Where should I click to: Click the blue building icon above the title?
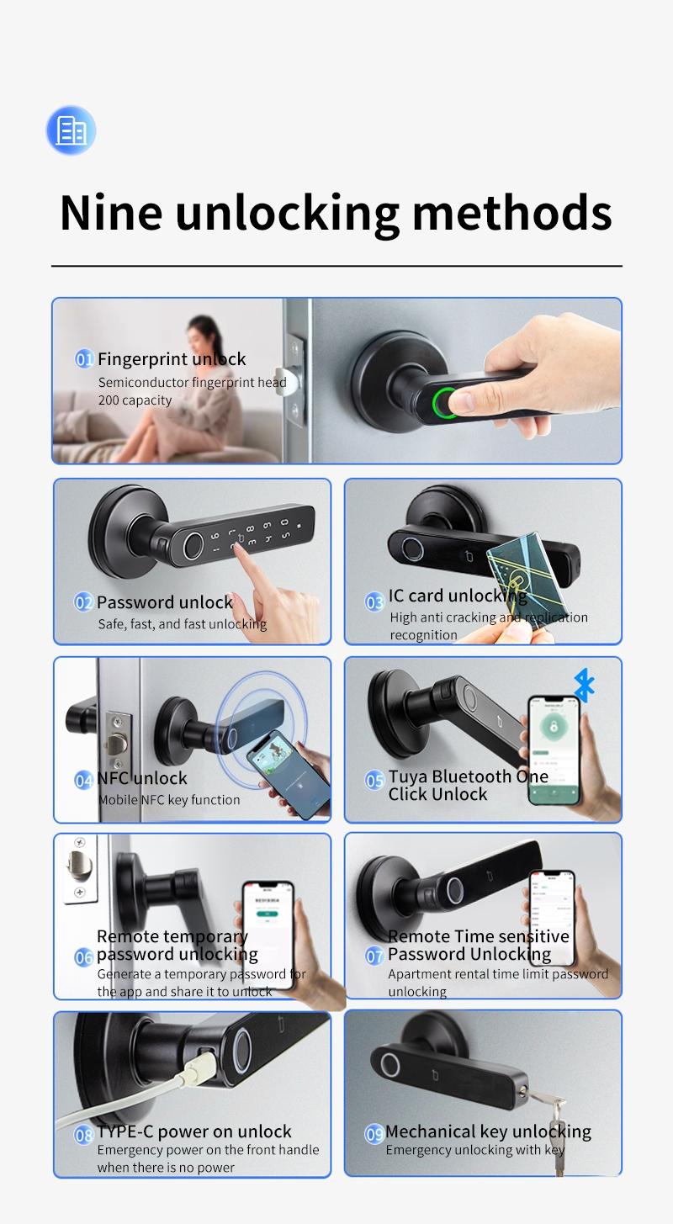[x=71, y=130]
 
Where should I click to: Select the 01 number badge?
[x=84, y=360]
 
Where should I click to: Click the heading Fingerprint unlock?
[x=172, y=359]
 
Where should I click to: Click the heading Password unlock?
[x=165, y=602]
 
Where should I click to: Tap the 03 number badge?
[x=374, y=601]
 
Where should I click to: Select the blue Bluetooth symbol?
[x=584, y=686]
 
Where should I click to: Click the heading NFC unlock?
[x=142, y=778]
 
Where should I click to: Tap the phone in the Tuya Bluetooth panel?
[x=554, y=749]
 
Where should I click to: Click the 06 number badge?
[x=84, y=956]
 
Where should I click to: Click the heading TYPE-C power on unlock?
[x=194, y=1131]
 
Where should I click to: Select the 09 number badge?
[x=374, y=1134]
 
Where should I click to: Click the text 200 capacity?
[x=135, y=400]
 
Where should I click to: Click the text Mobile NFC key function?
[x=169, y=800]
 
